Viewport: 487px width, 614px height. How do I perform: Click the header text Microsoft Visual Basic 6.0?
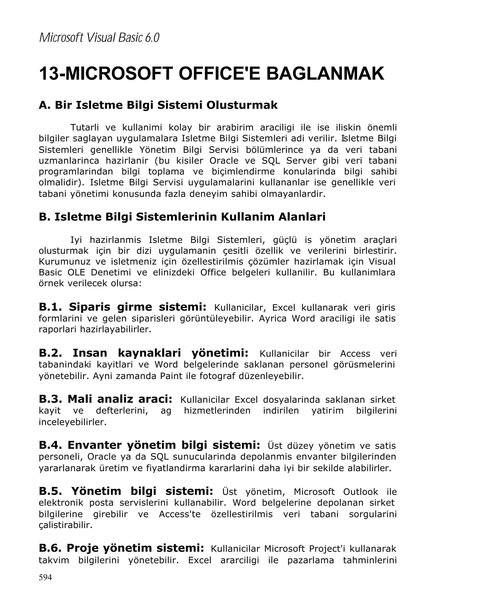[x=99, y=38]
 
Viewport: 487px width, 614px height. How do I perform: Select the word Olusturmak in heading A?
[x=242, y=105]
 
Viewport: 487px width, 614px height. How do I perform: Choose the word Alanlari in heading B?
[x=302, y=217]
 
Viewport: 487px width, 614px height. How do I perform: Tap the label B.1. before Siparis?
[x=50, y=307]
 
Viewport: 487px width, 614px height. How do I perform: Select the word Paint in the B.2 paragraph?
[x=171, y=376]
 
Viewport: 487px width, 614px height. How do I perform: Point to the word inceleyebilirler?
[x=72, y=422]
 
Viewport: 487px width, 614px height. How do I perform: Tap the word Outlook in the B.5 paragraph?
[x=360, y=492]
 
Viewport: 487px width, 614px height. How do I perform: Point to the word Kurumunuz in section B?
[x=64, y=261]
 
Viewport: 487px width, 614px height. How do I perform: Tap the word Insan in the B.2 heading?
[x=90, y=353]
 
